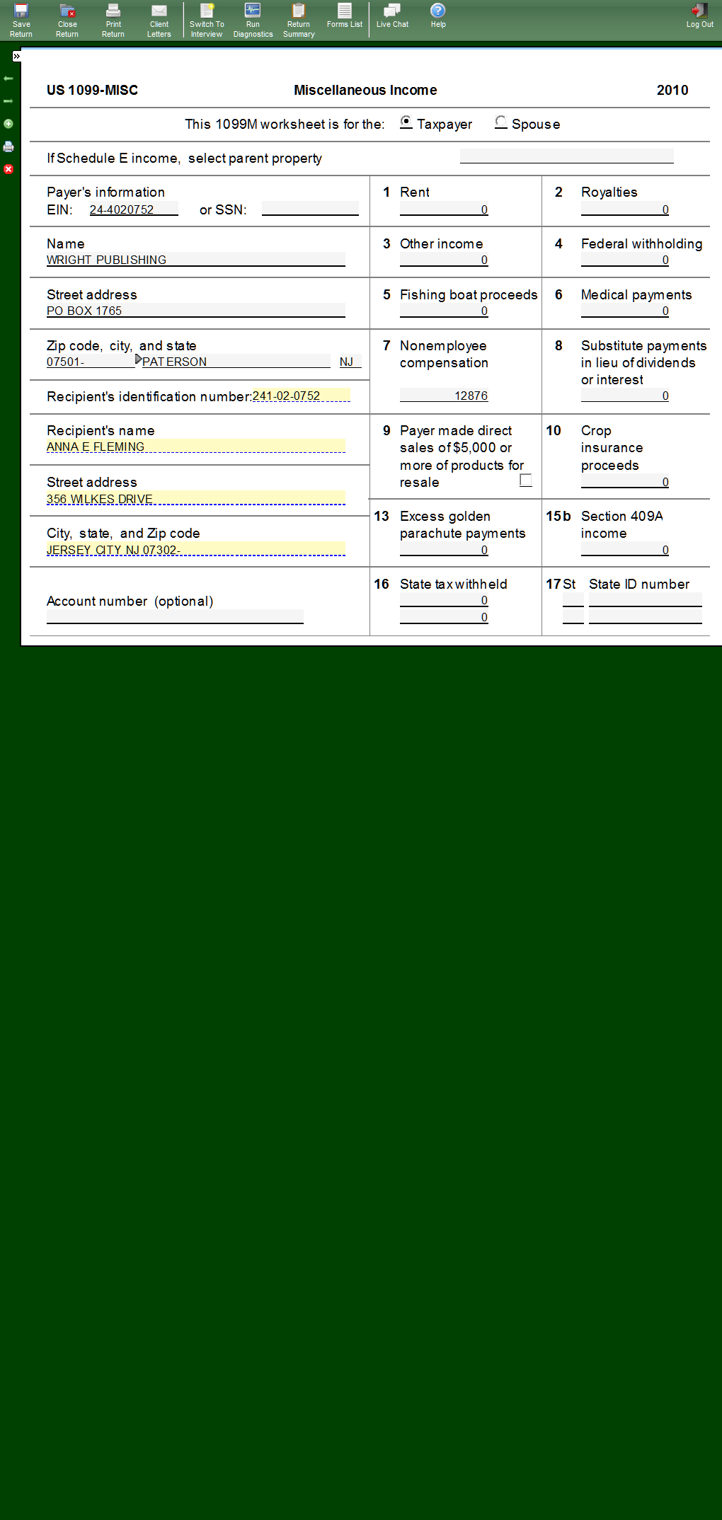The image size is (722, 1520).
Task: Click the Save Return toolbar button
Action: click(21, 19)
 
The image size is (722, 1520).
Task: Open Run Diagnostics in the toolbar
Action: click(253, 19)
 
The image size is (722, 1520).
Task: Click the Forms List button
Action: click(344, 16)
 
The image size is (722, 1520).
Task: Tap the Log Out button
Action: click(699, 16)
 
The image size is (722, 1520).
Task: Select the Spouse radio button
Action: click(501, 122)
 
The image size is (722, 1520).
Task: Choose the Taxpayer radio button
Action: click(406, 122)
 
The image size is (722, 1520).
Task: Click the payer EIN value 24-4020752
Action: click(122, 209)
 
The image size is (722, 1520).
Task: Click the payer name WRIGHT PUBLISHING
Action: click(107, 260)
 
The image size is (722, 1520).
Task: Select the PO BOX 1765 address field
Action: click(84, 311)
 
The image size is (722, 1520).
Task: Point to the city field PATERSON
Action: click(175, 362)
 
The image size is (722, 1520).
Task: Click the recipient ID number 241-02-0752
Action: click(287, 396)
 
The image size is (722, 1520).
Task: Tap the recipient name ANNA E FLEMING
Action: click(96, 447)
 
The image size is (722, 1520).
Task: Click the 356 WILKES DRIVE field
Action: click(100, 499)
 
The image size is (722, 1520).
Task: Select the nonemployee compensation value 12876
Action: click(471, 396)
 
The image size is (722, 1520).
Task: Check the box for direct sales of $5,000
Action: click(526, 480)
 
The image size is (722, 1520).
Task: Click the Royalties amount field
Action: click(625, 209)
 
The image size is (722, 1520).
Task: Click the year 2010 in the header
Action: click(672, 90)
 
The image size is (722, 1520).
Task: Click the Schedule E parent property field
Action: click(566, 156)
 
